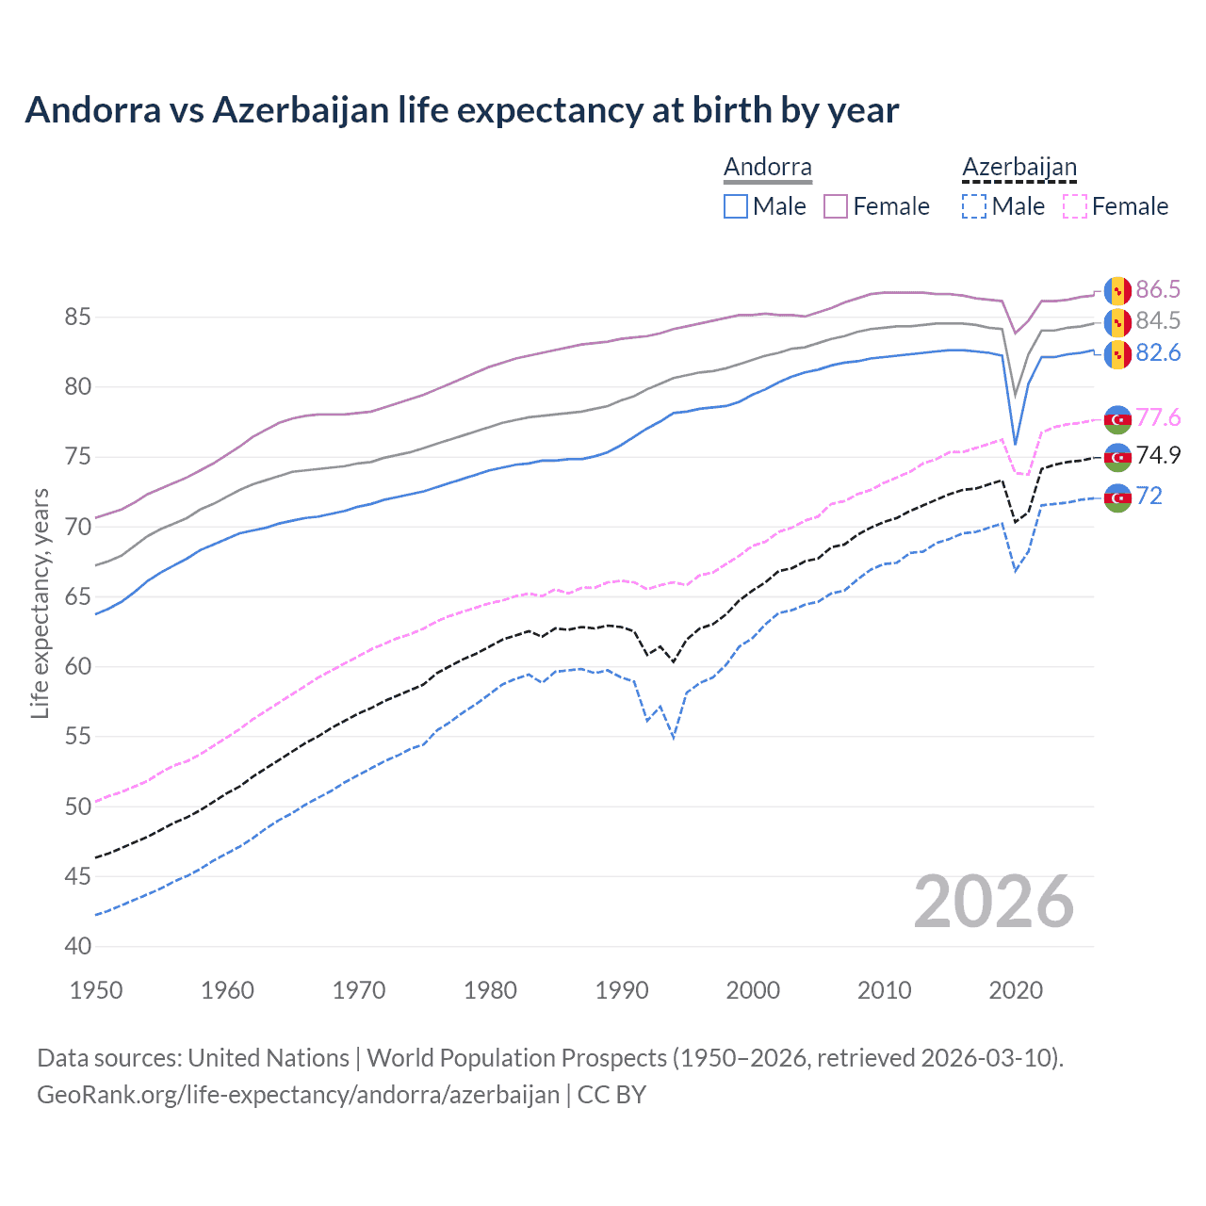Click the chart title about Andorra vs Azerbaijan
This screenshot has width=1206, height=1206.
coord(462,110)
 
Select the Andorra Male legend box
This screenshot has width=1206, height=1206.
coord(736,206)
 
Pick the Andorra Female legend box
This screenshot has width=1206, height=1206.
coord(836,206)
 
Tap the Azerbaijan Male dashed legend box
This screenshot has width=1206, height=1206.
coord(974,206)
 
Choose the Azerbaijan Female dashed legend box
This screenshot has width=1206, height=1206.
coord(1075,206)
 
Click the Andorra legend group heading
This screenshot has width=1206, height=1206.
coord(767,168)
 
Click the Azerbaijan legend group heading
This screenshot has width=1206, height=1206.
coord(1019,168)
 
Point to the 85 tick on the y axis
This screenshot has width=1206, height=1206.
coord(77,318)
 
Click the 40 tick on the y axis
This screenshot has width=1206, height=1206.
coord(77,946)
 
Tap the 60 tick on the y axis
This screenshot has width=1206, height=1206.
coord(77,667)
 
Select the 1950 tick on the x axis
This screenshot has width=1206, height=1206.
coord(97,990)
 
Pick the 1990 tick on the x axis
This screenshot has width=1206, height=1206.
coord(622,990)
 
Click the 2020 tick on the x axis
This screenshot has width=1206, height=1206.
coord(1016,990)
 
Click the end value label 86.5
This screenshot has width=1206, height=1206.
coord(1158,289)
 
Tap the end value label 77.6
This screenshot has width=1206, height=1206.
coord(1158,417)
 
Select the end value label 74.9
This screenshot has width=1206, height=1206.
coord(1158,456)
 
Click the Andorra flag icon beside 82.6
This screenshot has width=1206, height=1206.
coord(1117,353)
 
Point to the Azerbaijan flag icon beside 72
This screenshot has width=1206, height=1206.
coord(1117,497)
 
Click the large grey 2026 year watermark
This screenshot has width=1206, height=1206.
coord(994,902)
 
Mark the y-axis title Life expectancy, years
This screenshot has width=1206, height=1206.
coord(41,603)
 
